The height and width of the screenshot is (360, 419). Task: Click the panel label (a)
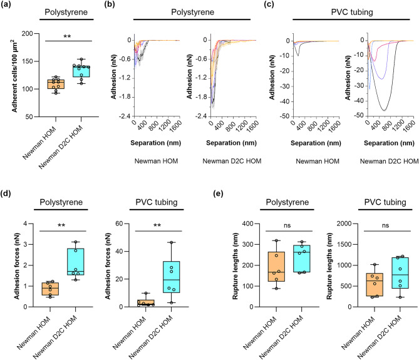point(9,5)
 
